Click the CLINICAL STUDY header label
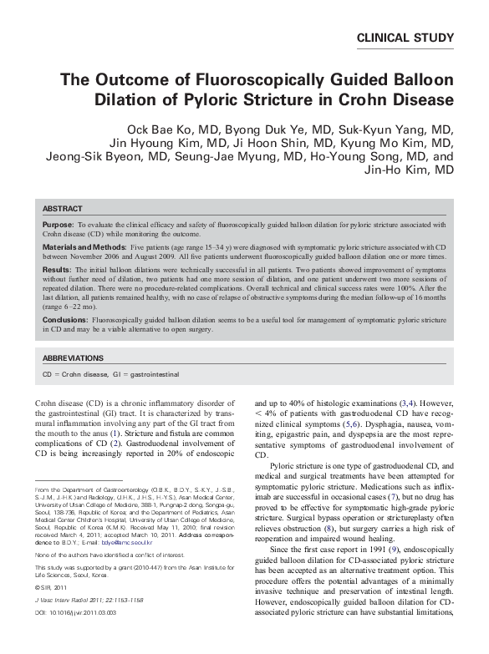tap(405, 38)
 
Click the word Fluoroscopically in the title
tap(240, 81)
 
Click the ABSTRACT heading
tap(62, 209)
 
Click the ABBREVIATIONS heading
tap(73, 358)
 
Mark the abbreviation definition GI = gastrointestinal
tap(145, 375)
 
